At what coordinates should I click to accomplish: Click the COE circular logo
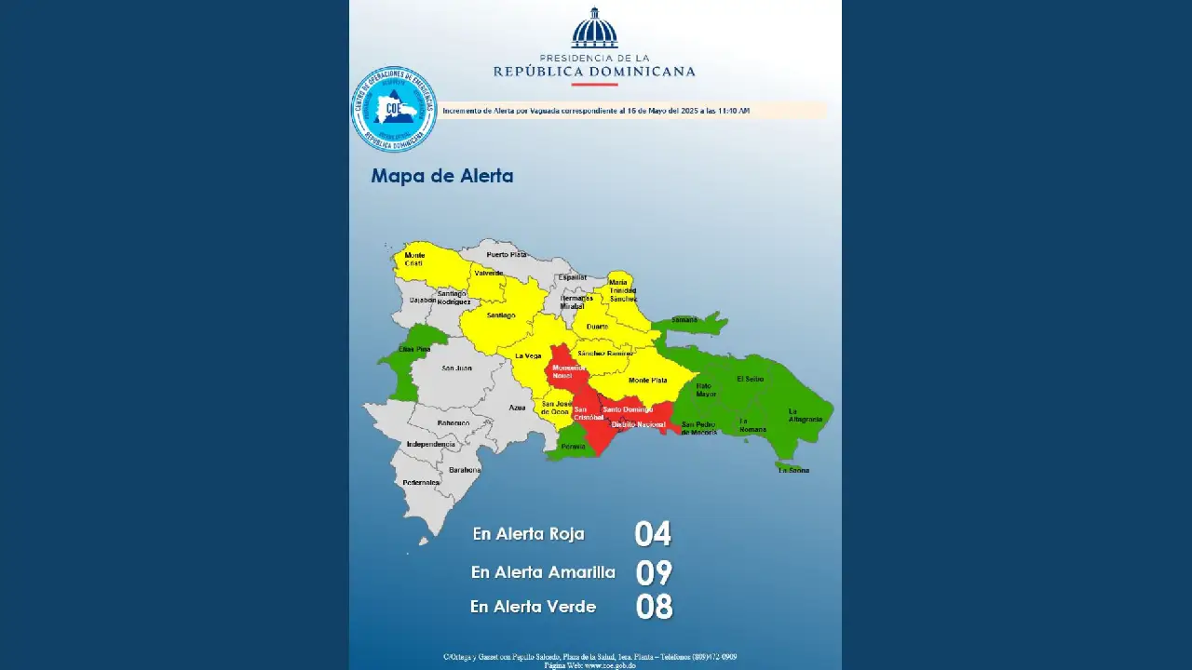click(x=394, y=109)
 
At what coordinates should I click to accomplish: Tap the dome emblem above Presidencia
click(x=594, y=28)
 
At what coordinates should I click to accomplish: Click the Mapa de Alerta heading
click(x=442, y=176)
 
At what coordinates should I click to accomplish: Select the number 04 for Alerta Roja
click(x=653, y=534)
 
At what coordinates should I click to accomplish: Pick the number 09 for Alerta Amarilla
click(x=654, y=572)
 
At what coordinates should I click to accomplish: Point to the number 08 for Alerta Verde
click(x=654, y=607)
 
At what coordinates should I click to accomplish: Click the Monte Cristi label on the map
click(x=414, y=259)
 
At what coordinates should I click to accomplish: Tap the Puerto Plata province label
click(x=507, y=254)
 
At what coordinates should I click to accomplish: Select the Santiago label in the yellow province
click(x=500, y=315)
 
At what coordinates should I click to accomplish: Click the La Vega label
click(x=528, y=356)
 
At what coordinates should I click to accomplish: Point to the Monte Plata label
click(x=647, y=381)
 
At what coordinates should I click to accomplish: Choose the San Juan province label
click(x=456, y=368)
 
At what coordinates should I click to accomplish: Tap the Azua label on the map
click(x=517, y=408)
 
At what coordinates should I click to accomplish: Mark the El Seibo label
click(x=750, y=380)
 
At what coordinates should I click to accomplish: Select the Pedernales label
click(x=421, y=482)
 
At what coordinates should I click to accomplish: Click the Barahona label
click(x=465, y=470)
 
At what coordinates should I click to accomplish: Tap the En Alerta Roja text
click(x=528, y=534)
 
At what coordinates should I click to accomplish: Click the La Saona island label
click(x=793, y=470)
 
